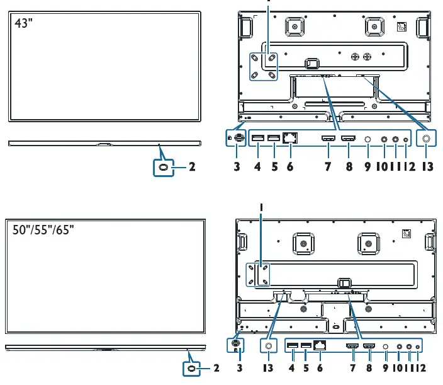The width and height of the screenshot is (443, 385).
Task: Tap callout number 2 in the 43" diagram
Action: click(x=193, y=168)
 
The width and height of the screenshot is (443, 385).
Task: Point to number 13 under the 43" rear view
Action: click(x=427, y=168)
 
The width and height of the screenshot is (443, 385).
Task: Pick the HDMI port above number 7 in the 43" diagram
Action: click(x=328, y=139)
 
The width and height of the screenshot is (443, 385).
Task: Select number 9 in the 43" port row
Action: click(x=368, y=168)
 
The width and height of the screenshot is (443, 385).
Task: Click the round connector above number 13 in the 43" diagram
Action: click(x=427, y=139)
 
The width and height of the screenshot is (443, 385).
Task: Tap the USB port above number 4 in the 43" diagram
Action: click(x=257, y=139)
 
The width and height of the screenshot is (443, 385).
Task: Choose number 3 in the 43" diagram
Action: click(x=237, y=168)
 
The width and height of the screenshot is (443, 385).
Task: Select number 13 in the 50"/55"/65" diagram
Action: click(x=269, y=366)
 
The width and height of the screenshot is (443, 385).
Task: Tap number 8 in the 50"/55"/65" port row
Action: click(x=369, y=366)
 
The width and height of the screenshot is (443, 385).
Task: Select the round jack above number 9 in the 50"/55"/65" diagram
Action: click(x=386, y=346)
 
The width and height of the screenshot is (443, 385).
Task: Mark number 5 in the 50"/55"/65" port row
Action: click(x=305, y=366)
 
